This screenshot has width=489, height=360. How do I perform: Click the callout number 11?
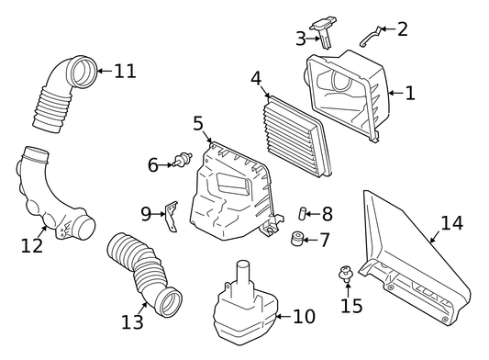click(x=126, y=71)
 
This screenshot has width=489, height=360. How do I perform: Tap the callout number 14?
click(x=452, y=223)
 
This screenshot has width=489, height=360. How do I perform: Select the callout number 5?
click(x=198, y=123)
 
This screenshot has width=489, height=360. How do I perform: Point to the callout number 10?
click(x=304, y=316)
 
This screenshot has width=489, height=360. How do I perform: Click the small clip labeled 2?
click(x=371, y=36)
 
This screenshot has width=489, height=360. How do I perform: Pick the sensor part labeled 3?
click(x=322, y=32)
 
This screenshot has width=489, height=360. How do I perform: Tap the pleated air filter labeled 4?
click(x=298, y=137)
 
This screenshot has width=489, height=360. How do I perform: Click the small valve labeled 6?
click(x=183, y=159)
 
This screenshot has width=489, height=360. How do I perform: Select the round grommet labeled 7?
click(x=297, y=238)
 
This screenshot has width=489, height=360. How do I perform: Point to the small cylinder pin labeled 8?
click(x=303, y=214)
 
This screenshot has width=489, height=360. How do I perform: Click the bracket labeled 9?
click(x=172, y=216)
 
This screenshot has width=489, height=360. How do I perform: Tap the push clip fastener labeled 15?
click(x=346, y=274)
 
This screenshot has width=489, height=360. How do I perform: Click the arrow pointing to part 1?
click(x=395, y=93)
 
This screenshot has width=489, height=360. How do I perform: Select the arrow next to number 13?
click(x=143, y=309)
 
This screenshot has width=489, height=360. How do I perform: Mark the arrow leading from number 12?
click(x=42, y=232)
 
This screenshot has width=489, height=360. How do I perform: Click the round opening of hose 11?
click(x=83, y=72)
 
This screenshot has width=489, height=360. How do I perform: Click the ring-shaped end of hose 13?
click(x=169, y=302)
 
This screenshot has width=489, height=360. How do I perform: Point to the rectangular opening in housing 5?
click(x=234, y=184)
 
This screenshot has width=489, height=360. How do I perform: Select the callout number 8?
click(x=328, y=214)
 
